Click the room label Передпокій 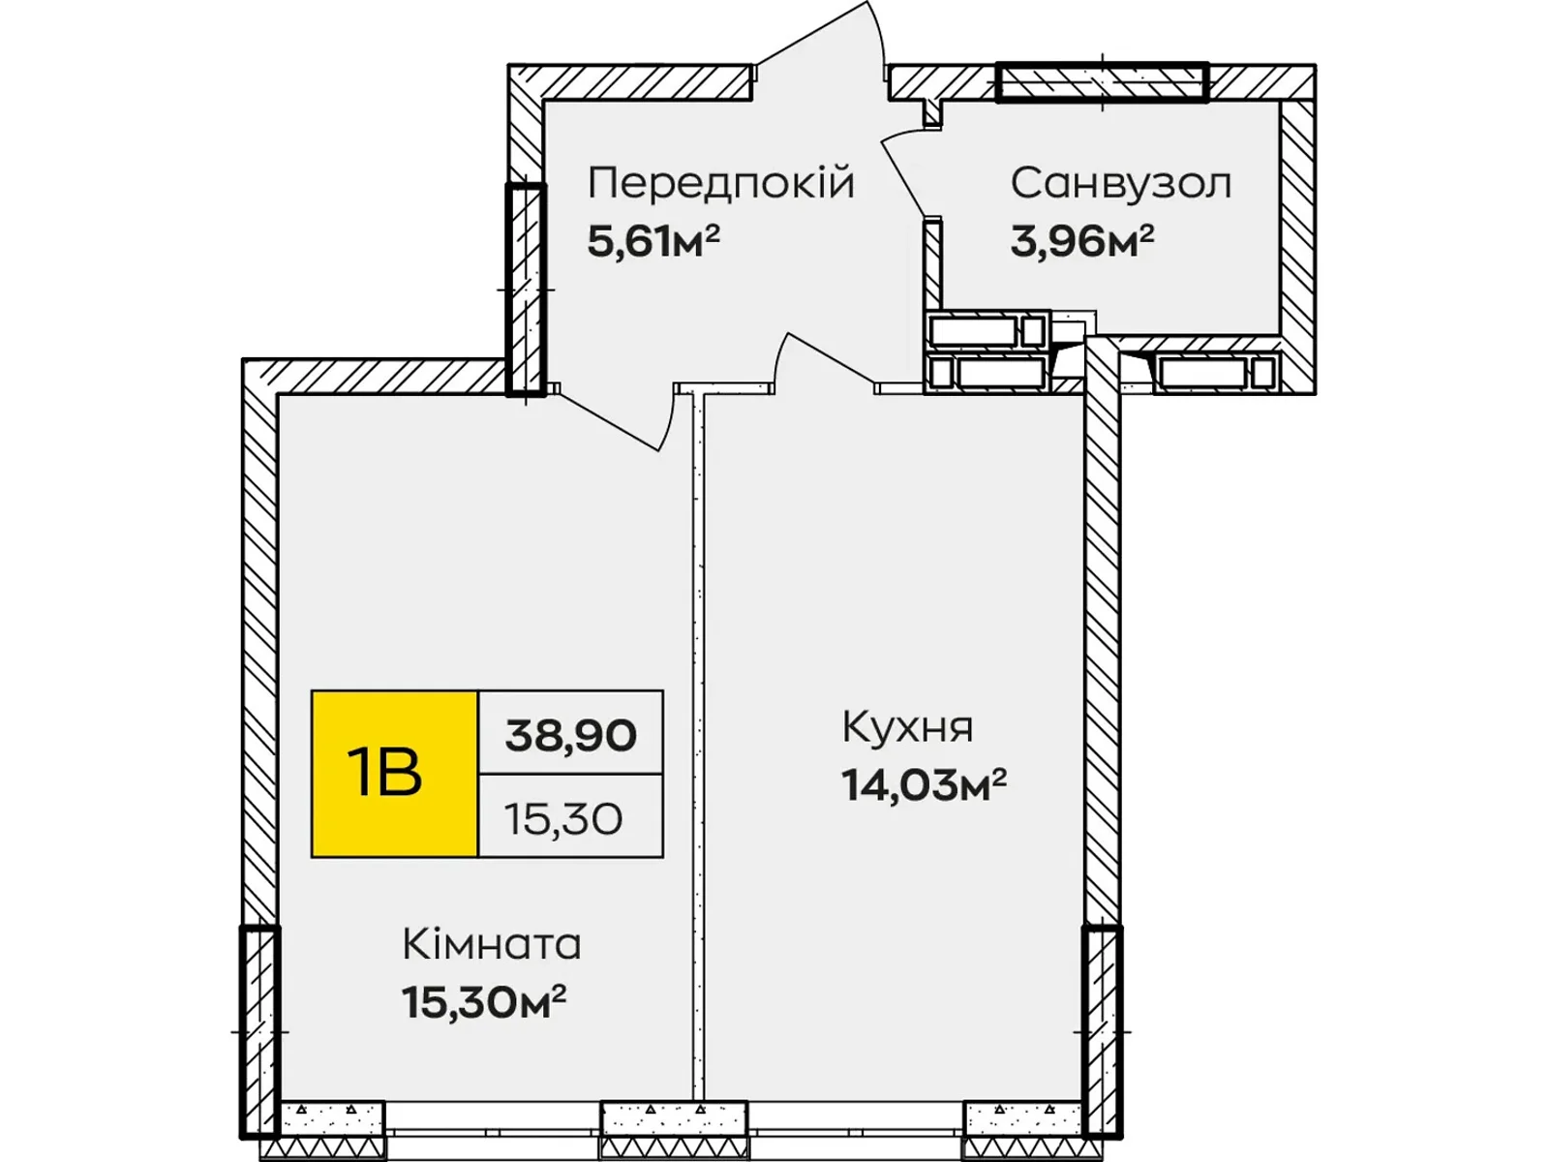pos(721,183)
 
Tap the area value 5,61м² pos(653,241)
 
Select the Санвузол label pos(1121,183)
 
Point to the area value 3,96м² pos(1081,241)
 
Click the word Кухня pos(907,727)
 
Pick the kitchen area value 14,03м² pos(924,784)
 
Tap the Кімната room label pos(492,944)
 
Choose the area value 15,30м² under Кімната pos(484,1002)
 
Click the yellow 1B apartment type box pos(394,774)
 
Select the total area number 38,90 pos(570,735)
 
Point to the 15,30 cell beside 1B pos(562,819)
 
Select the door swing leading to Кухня pos(823,358)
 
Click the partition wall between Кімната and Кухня pos(698,746)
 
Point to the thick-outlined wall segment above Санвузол pos(1103,82)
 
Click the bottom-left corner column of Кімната pos(259,1031)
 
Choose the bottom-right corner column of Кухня pos(1102,1031)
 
